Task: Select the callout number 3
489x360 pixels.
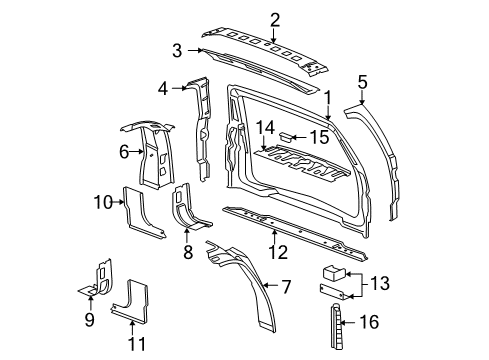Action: (x=176, y=49)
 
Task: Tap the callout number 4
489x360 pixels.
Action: (x=162, y=87)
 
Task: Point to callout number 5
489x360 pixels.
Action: (x=363, y=82)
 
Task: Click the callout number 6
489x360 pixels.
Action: (x=125, y=151)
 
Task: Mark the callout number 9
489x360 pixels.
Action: (x=89, y=319)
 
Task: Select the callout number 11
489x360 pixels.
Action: (x=137, y=344)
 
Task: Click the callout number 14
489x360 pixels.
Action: (x=263, y=127)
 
